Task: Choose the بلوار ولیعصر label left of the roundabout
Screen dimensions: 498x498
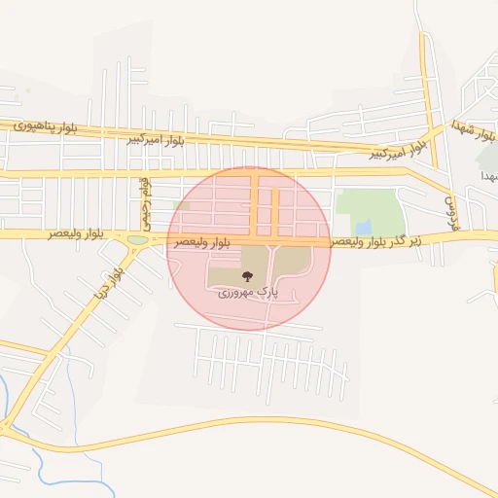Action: (73, 234)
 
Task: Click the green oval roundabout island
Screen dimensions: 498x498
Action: (138, 239)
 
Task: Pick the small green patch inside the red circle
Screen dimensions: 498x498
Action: (181, 205)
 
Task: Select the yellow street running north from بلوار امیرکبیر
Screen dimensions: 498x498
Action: (426, 78)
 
